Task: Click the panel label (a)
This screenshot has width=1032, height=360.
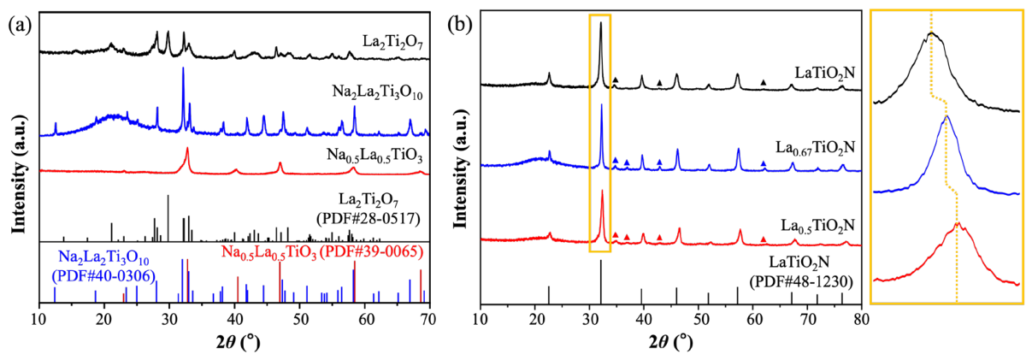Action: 20,27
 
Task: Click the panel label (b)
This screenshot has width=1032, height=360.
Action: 460,27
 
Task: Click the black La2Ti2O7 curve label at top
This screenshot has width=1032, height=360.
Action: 392,44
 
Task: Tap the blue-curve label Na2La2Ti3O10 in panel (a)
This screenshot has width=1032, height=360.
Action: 377,92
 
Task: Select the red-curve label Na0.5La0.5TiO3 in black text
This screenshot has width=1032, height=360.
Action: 374,156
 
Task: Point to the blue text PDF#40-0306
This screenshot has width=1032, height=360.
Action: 103,276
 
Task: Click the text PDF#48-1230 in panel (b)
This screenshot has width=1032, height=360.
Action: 802,281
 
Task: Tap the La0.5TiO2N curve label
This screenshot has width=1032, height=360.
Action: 817,226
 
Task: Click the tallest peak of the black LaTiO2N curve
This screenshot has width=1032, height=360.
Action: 601,23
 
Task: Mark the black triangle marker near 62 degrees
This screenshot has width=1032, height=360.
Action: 764,82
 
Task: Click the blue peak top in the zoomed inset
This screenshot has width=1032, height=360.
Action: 946,116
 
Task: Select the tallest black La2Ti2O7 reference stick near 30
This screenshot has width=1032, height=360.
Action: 168,218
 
